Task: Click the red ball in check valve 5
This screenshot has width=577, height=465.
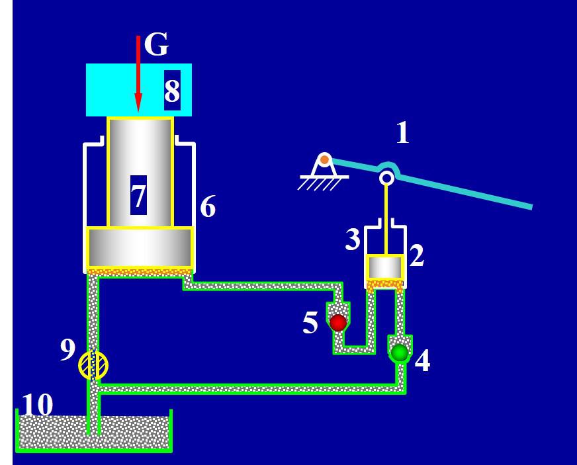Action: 338,323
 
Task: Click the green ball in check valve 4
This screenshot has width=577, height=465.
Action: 400,353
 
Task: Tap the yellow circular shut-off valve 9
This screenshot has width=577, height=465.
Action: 93,365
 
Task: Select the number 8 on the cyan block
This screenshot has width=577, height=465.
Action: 172,91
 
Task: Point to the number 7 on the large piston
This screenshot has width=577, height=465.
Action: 138,196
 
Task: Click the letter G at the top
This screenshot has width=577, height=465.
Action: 156,45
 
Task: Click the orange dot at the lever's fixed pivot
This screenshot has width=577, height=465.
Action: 324,159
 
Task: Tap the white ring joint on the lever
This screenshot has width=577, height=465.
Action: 386,177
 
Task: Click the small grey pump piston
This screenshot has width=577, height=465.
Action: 385,267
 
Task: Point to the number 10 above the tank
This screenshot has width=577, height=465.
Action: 38,405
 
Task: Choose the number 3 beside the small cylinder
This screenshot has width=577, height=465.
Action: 353,240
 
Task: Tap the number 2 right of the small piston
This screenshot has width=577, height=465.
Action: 416,256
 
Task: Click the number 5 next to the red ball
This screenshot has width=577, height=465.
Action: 310,323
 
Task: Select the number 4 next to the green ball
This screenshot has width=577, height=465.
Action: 422,361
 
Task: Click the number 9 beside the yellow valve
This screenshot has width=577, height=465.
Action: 67,350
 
